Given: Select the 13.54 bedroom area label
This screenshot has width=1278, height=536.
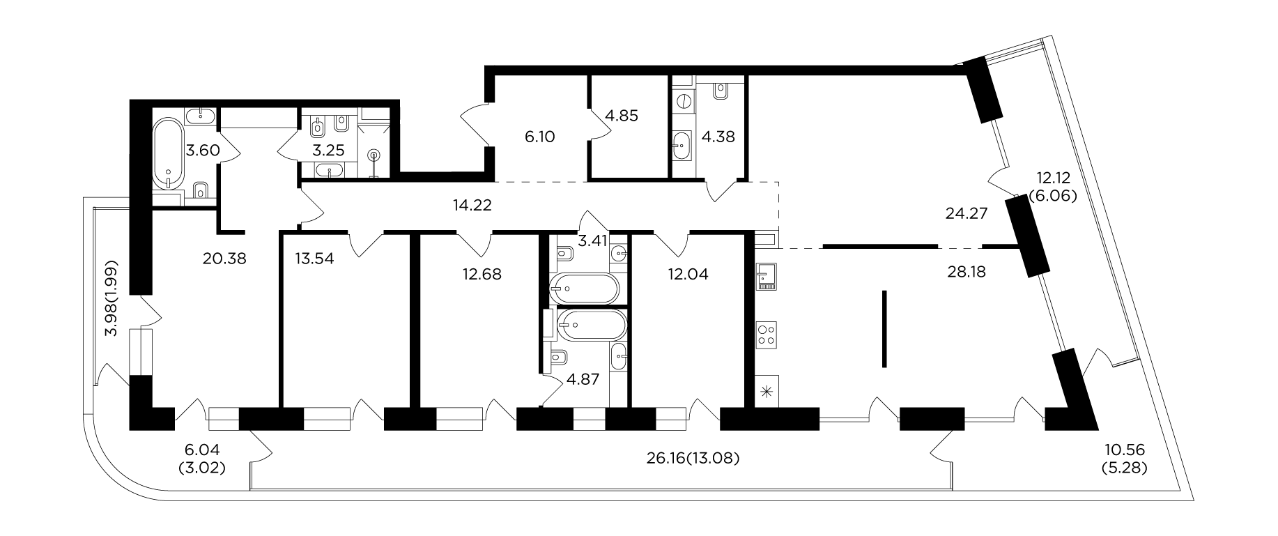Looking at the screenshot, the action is tap(315, 259).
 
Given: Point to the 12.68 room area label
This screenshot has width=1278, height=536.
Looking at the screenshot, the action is tap(482, 274).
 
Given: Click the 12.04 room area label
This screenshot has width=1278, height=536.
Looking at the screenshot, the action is tap(688, 274).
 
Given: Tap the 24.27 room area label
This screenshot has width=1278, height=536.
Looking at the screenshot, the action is tap(967, 214).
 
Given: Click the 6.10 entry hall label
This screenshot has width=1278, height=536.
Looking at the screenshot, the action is tap(539, 137).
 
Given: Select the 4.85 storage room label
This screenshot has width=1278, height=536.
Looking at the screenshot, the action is tap(622, 115).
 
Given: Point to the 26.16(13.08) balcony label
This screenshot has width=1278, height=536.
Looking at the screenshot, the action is tap(693, 458).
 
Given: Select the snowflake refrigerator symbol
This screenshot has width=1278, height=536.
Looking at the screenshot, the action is tap(767, 391).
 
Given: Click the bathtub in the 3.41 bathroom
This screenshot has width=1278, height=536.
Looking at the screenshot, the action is tap(584, 289).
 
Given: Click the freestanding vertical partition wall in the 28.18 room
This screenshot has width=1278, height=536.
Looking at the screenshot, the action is tap(884, 328).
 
